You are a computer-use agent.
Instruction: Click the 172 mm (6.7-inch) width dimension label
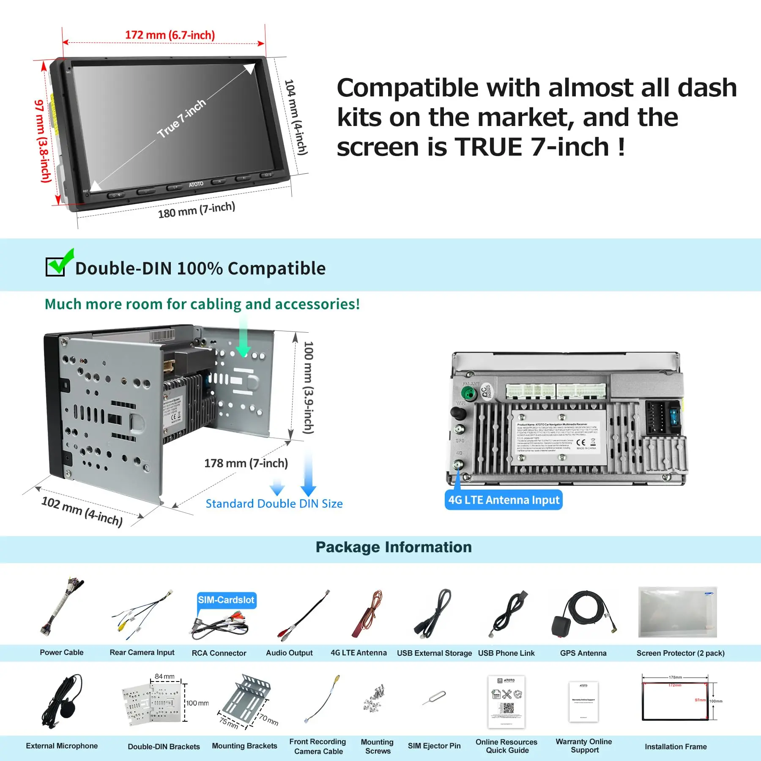point(170,35)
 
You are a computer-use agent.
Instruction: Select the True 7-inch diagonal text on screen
point(181,119)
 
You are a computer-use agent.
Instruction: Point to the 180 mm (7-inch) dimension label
point(196,210)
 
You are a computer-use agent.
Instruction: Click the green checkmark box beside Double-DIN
point(57,266)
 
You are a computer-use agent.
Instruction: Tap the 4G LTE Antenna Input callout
point(503,500)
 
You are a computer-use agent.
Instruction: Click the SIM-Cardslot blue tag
point(226,600)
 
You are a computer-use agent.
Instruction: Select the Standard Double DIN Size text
point(274,504)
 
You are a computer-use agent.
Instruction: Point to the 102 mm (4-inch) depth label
point(82,511)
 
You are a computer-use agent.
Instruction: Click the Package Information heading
point(393,547)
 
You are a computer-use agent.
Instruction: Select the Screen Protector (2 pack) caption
point(680,653)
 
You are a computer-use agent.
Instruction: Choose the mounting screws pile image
point(375,698)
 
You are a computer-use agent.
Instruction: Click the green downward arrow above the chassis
point(243,338)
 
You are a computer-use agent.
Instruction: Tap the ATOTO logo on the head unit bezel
point(196,184)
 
